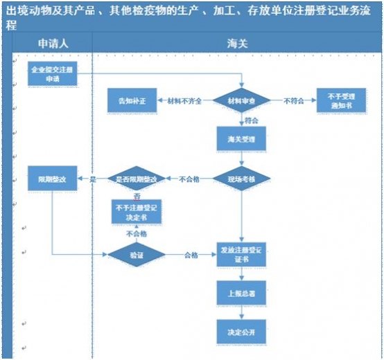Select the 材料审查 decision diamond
tap(241, 100)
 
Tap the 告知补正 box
tap(132, 100)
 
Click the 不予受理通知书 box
tap(340, 100)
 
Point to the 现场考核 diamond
tap(241, 179)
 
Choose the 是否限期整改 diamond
tap(137, 179)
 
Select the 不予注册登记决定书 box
tap(137, 212)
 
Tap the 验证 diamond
tap(137, 255)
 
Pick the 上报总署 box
tap(241, 292)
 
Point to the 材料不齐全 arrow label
tap(184, 101)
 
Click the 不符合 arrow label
tap(294, 101)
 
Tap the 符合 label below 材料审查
tap(252, 120)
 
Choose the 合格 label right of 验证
tap(191, 255)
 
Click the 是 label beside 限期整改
tap(92, 179)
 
